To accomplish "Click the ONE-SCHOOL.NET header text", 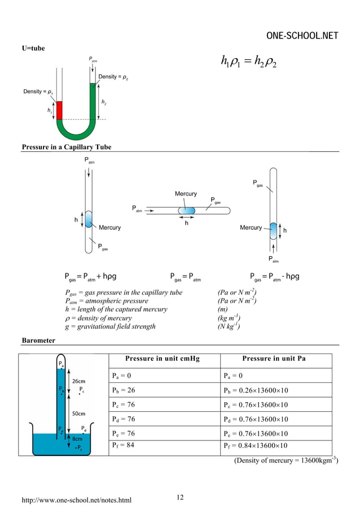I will pos(302,36).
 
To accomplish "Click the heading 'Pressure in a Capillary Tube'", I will pos(66,147).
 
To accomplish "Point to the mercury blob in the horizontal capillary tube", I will pos(186,211).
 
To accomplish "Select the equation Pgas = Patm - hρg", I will pos(275,277).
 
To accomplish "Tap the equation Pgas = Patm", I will pos(186,277).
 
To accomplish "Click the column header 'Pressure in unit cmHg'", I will pos(163,359).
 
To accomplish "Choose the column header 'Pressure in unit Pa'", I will pos(274,359).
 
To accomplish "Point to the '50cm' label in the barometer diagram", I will pos(77,413).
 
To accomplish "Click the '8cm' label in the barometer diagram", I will pos(77,438).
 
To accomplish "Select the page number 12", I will pos(180,497).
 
